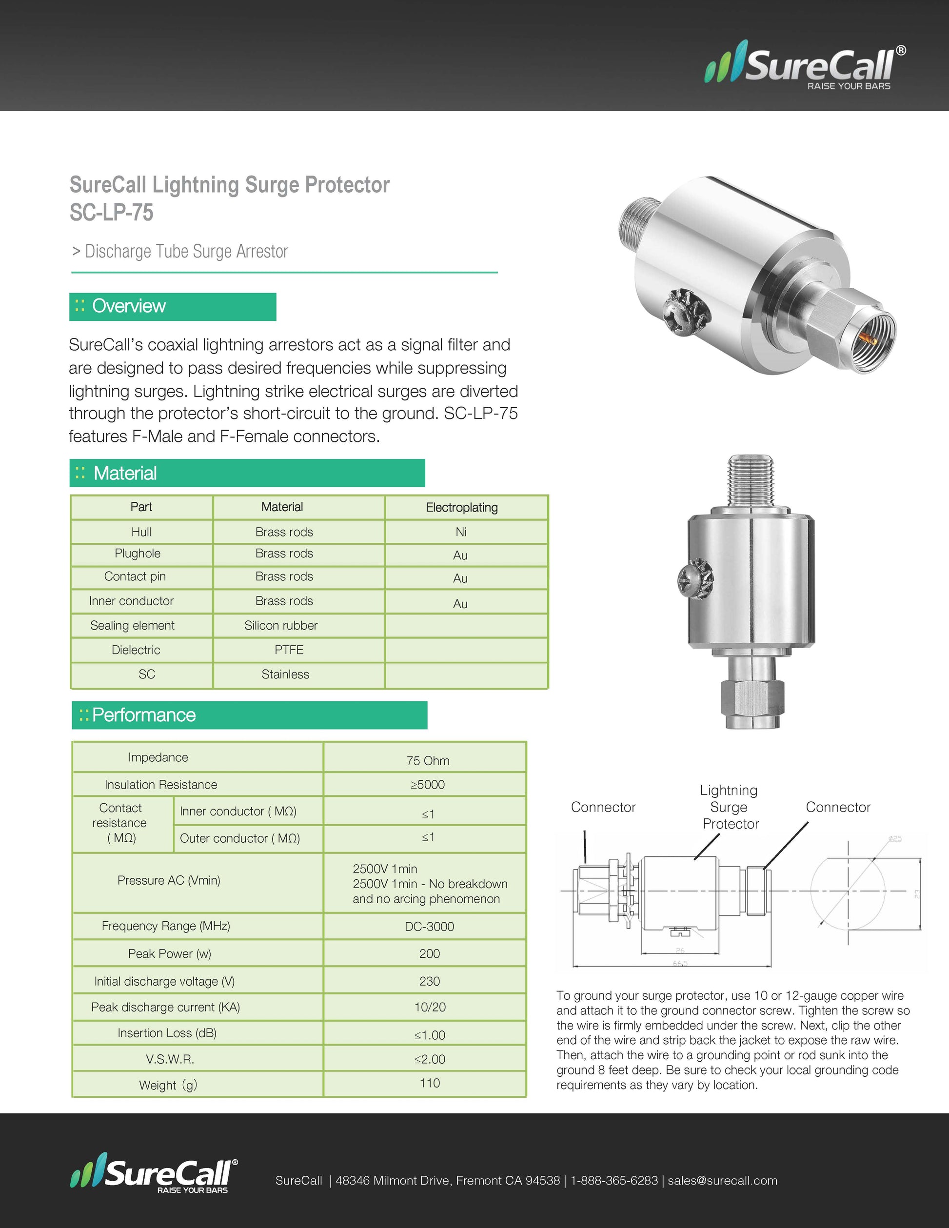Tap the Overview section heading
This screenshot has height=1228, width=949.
click(x=129, y=306)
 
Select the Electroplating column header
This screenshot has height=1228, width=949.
click(x=461, y=508)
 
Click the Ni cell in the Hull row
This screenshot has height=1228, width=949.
click(x=461, y=532)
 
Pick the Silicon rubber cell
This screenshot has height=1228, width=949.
click(x=280, y=625)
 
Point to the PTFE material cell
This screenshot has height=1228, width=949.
click(x=289, y=650)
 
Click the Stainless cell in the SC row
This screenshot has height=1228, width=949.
click(x=285, y=674)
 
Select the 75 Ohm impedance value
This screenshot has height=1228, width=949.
click(x=428, y=761)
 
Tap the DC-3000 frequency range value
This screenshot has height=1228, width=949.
click(x=429, y=927)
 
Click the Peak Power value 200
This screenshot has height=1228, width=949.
click(x=429, y=953)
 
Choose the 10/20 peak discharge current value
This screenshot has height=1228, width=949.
click(x=430, y=1007)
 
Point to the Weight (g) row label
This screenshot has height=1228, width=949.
click(x=168, y=1085)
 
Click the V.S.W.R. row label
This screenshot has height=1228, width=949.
click(x=170, y=1059)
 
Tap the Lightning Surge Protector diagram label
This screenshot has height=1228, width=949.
click(x=729, y=807)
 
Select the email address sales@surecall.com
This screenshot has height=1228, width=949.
click(x=722, y=1181)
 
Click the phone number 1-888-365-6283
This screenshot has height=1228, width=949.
click(x=614, y=1181)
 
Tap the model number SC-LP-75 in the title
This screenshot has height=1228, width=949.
click(x=111, y=213)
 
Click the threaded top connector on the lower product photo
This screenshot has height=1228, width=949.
click(x=751, y=481)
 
